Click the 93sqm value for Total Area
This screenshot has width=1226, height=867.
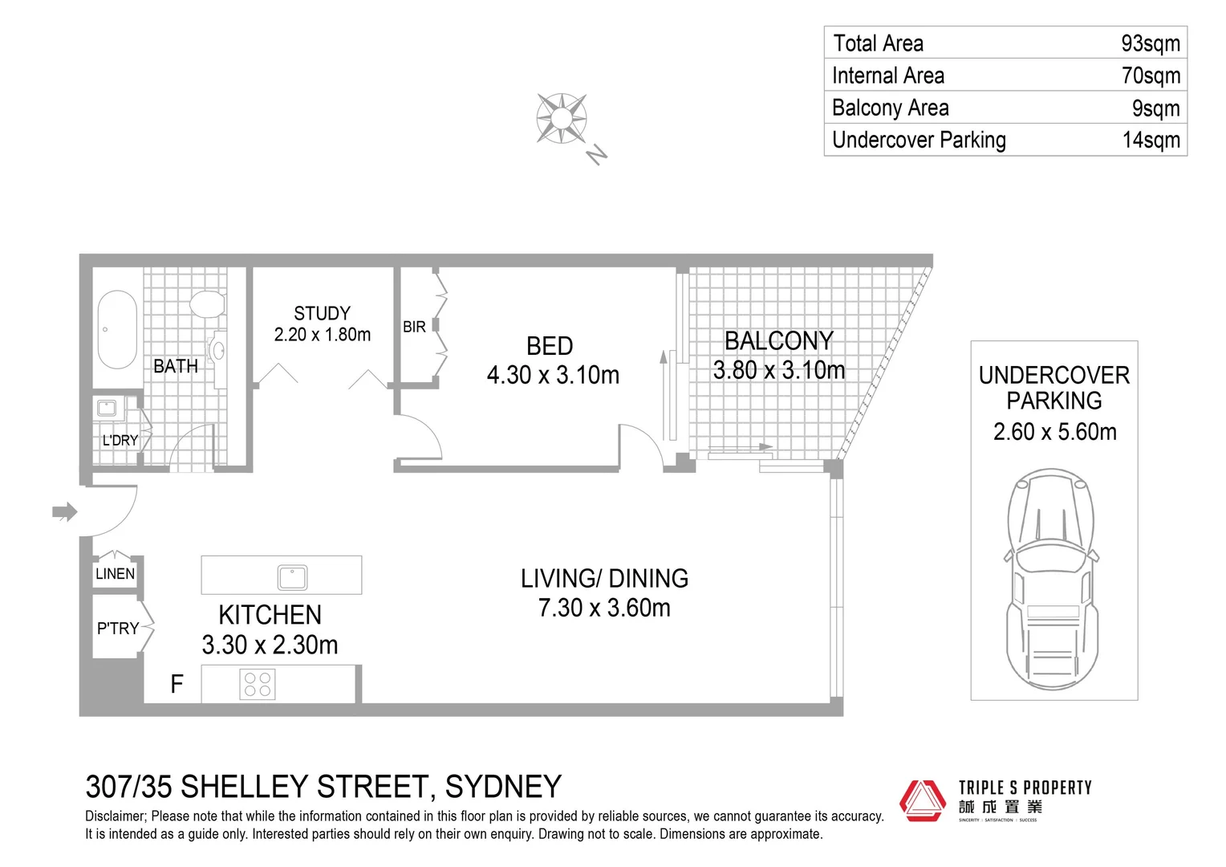[x=1150, y=43]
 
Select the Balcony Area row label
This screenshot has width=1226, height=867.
[x=890, y=108]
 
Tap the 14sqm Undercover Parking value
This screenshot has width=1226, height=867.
[x=1151, y=140]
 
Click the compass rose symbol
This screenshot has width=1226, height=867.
[x=562, y=119]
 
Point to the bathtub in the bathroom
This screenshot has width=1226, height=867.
[x=117, y=329]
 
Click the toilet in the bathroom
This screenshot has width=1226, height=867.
[x=207, y=304]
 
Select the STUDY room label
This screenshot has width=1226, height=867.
[x=322, y=313]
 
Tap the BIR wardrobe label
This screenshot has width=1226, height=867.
[x=414, y=327]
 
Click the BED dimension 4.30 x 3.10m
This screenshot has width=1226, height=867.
[x=553, y=375]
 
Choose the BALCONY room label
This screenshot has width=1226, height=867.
[x=778, y=341]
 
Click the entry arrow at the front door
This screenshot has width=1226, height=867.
[x=64, y=511]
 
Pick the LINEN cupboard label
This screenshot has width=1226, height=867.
[x=116, y=574]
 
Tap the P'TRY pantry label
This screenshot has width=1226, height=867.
[x=118, y=629]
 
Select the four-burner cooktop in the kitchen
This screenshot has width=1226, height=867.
[x=258, y=684]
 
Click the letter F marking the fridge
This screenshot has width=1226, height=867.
[x=177, y=683]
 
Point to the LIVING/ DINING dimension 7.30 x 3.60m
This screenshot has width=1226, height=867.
[x=604, y=608]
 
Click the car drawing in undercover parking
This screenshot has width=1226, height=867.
[x=1051, y=578]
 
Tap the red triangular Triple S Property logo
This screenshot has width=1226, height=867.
[x=922, y=800]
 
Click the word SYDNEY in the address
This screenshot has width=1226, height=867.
[x=503, y=787]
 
